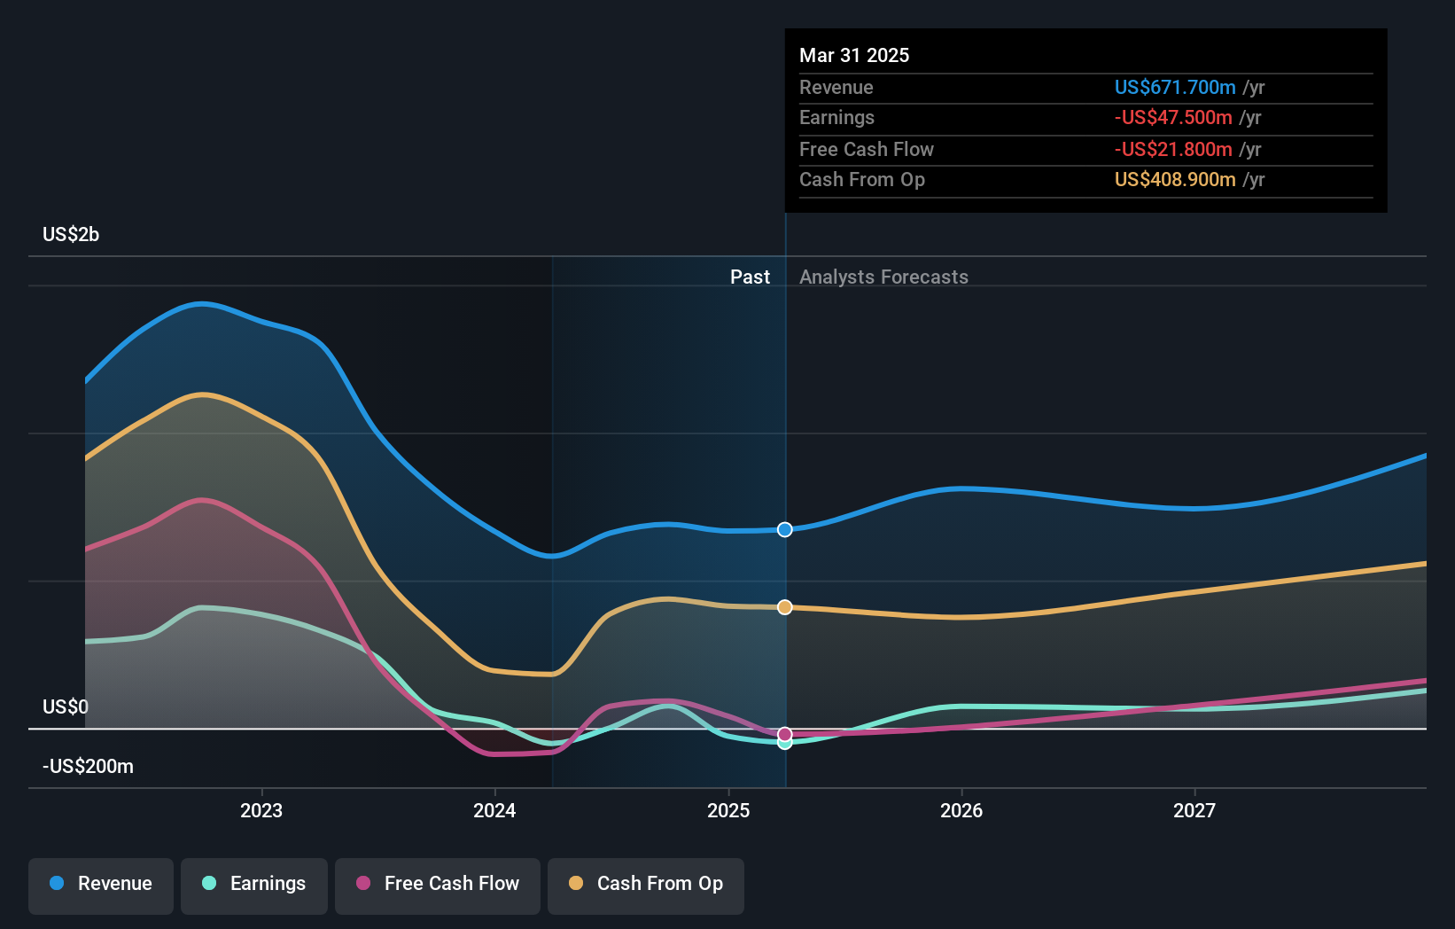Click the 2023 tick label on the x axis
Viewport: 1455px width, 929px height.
(261, 810)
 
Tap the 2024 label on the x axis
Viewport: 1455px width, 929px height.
(494, 810)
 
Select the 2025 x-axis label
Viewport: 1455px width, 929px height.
(728, 810)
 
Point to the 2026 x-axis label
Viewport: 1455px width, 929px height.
(961, 810)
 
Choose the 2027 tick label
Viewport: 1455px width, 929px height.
(1194, 810)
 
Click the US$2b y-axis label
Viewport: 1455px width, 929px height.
(71, 234)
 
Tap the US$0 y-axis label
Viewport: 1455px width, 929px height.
(66, 707)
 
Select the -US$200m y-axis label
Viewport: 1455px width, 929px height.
(89, 766)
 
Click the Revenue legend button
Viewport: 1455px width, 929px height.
(101, 884)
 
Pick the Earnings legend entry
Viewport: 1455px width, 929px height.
(254, 884)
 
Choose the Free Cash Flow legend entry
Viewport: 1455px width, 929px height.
(438, 884)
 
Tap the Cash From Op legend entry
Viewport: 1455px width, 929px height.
(646, 884)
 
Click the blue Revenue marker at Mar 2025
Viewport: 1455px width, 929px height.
(785, 529)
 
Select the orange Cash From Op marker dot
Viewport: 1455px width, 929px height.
(785, 607)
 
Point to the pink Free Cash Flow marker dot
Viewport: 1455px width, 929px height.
(785, 734)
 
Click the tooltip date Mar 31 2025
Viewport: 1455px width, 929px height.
(854, 55)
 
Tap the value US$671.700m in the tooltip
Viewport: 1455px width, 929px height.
(1175, 87)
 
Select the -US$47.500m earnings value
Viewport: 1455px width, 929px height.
(1173, 117)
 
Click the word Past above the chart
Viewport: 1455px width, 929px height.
(750, 277)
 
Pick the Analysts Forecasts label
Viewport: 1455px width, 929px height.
(883, 277)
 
